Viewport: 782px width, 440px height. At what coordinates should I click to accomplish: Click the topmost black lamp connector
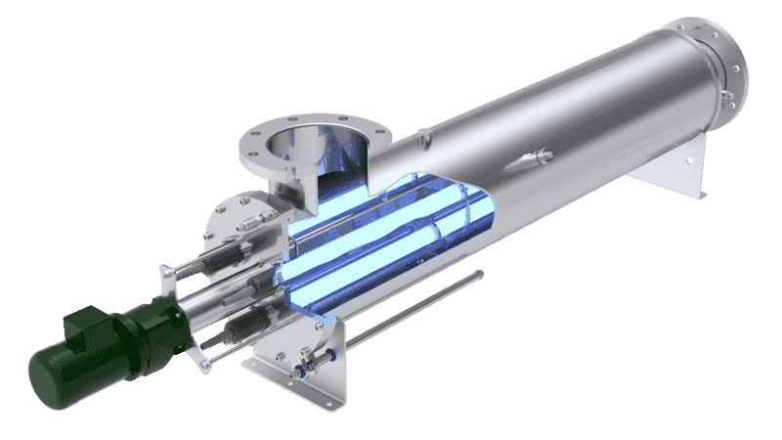point(233,255)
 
